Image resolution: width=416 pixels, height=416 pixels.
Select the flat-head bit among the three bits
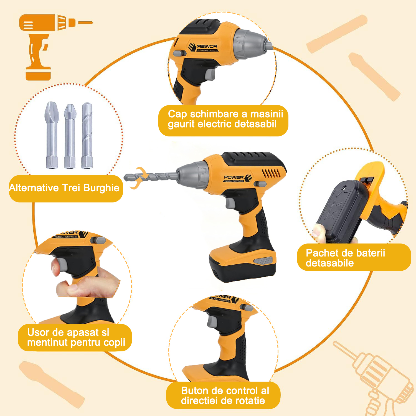pyautogui.click(x=52, y=135)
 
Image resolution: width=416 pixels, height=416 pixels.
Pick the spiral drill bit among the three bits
pyautogui.click(x=87, y=135)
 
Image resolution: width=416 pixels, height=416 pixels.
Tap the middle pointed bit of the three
pyautogui.click(x=70, y=136)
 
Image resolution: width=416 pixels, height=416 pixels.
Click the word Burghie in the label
pyautogui.click(x=101, y=188)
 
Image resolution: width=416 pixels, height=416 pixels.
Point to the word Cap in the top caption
pyautogui.click(x=177, y=114)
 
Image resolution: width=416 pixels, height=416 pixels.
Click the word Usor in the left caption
pyautogui.click(x=38, y=332)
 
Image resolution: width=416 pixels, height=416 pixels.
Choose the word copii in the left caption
pyautogui.click(x=114, y=343)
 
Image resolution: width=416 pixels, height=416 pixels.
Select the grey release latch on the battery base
pyautogui.click(x=263, y=260)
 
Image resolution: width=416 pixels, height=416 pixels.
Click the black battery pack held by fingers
pyautogui.click(x=342, y=211)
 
